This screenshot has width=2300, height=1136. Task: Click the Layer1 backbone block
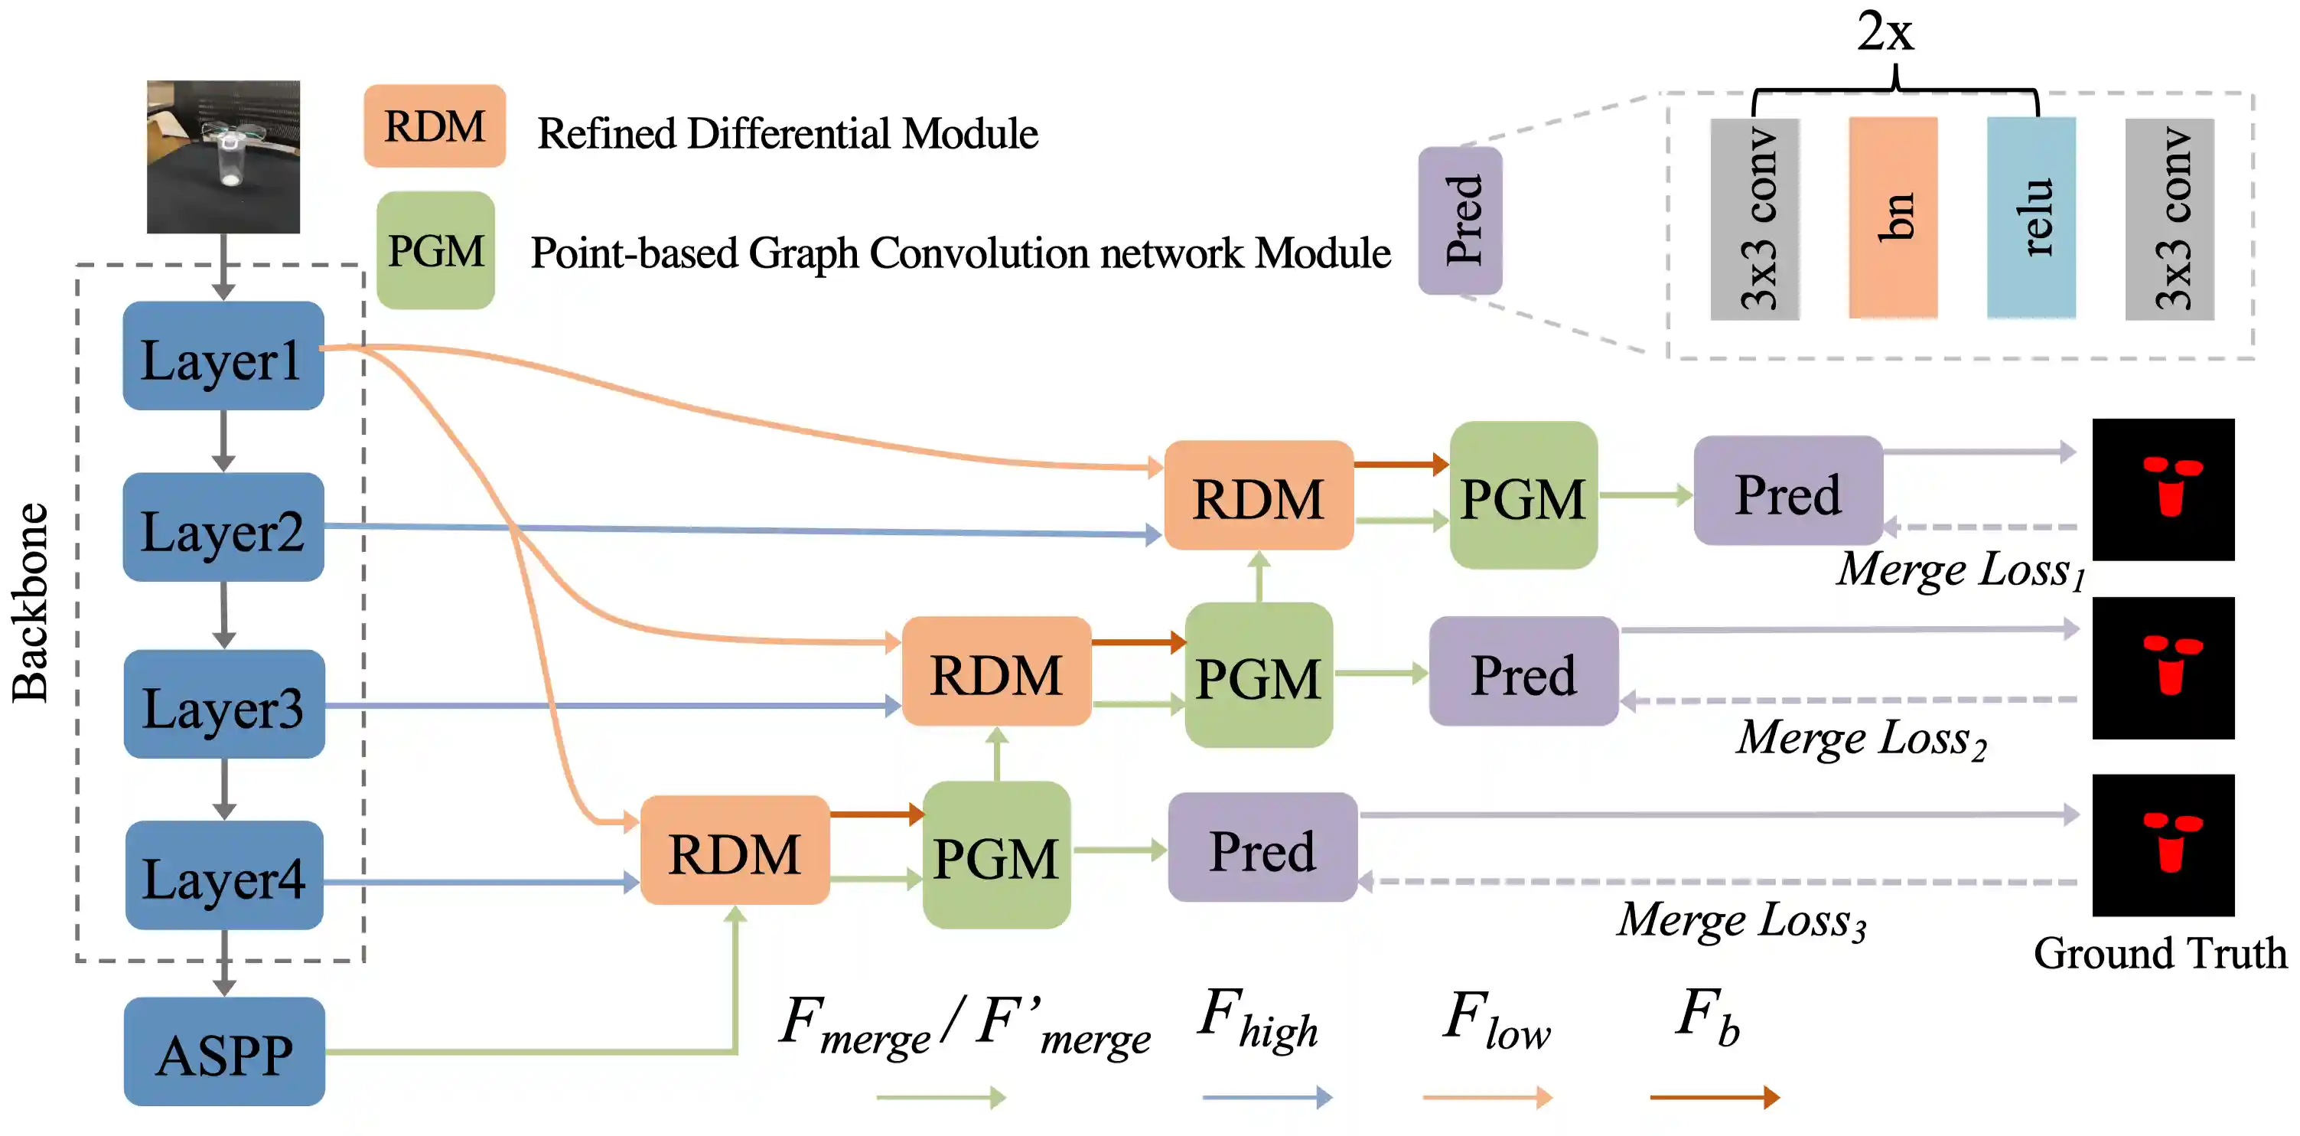click(223, 357)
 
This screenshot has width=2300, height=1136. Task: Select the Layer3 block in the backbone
click(224, 704)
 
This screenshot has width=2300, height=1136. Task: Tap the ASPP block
click(224, 1052)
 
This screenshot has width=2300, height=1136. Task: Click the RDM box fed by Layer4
click(735, 851)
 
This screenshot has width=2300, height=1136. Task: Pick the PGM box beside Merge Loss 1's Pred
click(1523, 496)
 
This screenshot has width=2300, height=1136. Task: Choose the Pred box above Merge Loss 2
click(1523, 671)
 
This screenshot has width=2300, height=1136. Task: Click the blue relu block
click(2031, 218)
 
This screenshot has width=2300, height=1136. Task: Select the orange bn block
click(1893, 218)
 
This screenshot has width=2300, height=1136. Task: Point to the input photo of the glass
click(223, 157)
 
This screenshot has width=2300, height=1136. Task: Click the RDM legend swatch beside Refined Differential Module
click(435, 126)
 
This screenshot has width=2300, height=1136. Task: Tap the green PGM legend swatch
click(435, 251)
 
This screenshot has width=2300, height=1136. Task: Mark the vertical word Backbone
click(31, 604)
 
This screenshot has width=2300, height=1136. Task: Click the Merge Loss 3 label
click(1742, 921)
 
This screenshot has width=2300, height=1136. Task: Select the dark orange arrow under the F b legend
click(1714, 1097)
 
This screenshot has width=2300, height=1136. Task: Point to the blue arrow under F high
click(1267, 1097)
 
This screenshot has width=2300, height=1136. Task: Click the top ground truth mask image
click(2162, 489)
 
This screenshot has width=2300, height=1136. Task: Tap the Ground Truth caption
click(2160, 954)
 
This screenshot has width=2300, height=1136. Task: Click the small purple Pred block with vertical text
click(1461, 220)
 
